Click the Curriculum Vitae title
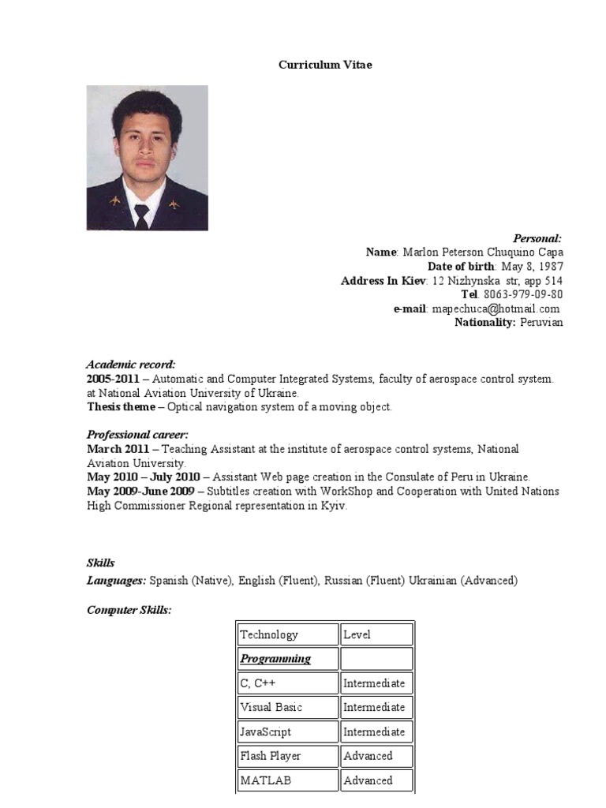click(324, 65)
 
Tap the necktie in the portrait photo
click(141, 215)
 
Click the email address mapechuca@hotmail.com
click(496, 309)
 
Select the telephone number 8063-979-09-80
click(523, 294)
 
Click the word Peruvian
click(541, 323)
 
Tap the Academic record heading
click(130, 365)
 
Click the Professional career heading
click(137, 435)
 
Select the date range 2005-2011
click(114, 379)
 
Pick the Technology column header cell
click(287, 634)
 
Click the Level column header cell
click(376, 634)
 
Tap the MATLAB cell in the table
click(287, 780)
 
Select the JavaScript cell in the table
click(287, 731)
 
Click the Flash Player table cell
click(287, 756)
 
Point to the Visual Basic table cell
click(287, 707)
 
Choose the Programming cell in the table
click(287, 659)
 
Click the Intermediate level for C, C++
click(376, 683)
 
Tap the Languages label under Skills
click(116, 581)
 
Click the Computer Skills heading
click(128, 611)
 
